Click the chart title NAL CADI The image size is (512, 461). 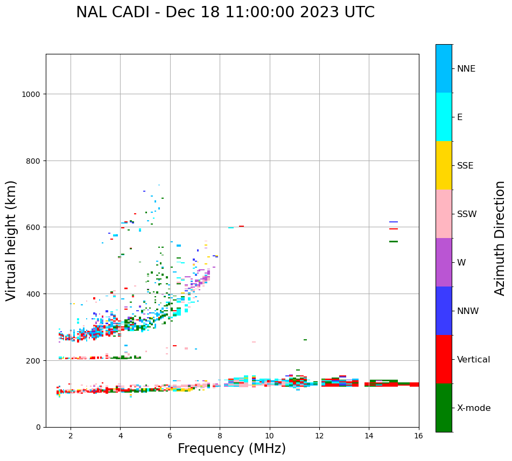[x=225, y=12]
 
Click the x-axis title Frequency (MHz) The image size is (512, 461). [x=232, y=449]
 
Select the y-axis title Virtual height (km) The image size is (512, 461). [x=11, y=240]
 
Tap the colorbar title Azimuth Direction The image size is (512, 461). [x=500, y=238]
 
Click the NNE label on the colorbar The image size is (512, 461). [x=466, y=68]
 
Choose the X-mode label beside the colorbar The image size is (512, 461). [x=474, y=408]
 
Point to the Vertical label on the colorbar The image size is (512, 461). [x=474, y=360]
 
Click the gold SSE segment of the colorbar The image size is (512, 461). [x=444, y=165]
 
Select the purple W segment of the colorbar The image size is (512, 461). [x=444, y=262]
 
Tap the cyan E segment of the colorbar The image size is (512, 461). [x=444, y=117]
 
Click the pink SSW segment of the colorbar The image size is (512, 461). [x=444, y=214]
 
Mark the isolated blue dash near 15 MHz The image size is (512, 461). [x=394, y=222]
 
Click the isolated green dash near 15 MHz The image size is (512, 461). [x=394, y=241]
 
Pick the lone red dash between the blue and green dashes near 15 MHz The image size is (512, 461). [x=394, y=229]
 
